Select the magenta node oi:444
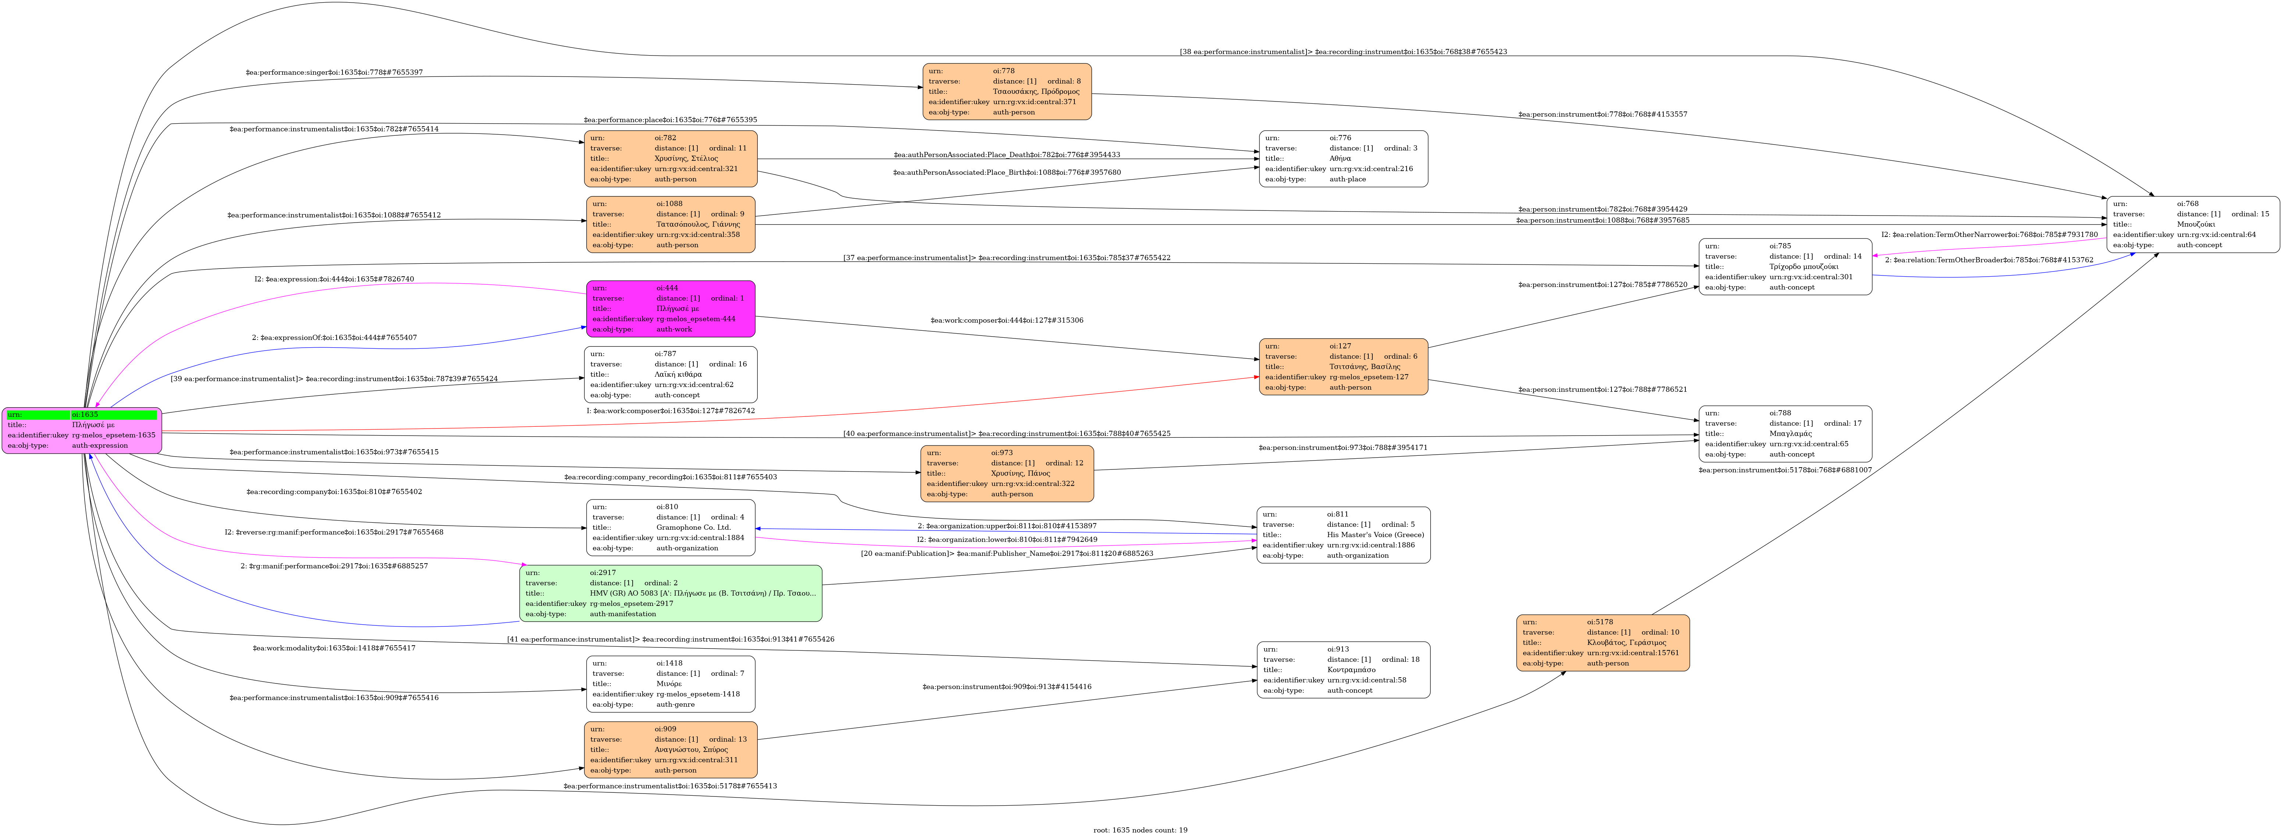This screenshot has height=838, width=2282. coord(671,309)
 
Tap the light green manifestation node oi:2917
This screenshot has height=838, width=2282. coord(671,593)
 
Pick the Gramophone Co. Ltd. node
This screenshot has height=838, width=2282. coord(671,528)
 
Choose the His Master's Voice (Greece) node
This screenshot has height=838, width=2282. coord(1343,535)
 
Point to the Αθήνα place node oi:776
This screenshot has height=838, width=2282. coord(1343,159)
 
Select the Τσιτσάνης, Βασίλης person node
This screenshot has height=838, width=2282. coord(1343,367)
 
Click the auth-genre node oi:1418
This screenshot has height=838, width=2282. coord(671,684)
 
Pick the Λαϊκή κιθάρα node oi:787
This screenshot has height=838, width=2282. coord(671,375)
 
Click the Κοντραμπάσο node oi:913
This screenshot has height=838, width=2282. coord(1343,670)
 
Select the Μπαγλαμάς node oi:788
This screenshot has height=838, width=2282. coord(1785,434)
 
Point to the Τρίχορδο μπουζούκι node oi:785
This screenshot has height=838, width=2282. coord(1785,267)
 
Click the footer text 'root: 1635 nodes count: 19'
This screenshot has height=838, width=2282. coord(1140,830)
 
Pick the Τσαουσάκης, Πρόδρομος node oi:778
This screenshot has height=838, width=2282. coord(1006,91)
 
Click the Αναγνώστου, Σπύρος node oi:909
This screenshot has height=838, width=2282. coord(671,749)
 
